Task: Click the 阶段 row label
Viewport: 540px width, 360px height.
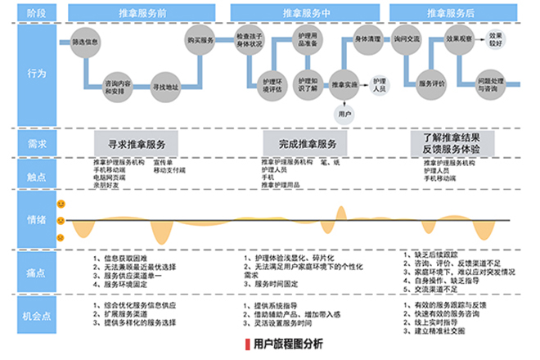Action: pyautogui.click(x=32, y=14)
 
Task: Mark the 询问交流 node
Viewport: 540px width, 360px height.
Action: pyautogui.click(x=406, y=39)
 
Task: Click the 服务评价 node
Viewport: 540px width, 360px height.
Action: pyautogui.click(x=430, y=83)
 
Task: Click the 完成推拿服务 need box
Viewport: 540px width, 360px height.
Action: pyautogui.click(x=306, y=144)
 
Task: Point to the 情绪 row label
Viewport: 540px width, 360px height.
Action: pyautogui.click(x=32, y=219)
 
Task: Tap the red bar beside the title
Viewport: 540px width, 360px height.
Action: pyautogui.click(x=246, y=344)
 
